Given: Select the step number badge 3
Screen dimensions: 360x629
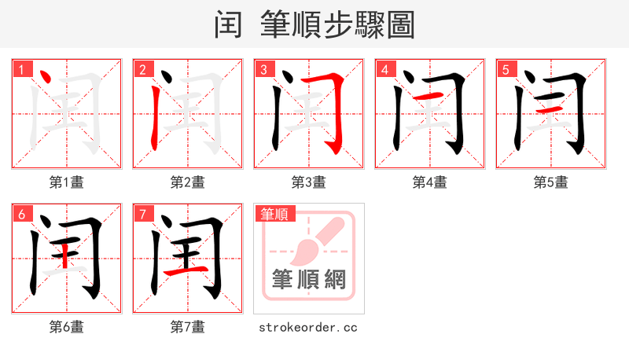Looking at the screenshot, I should click(265, 70).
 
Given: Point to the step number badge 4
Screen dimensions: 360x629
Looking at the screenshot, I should click(386, 70).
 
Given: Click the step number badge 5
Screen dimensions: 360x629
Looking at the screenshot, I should click(507, 70).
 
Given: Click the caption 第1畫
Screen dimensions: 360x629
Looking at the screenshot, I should click(67, 182).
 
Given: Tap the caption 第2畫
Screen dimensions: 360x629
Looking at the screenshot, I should click(188, 182).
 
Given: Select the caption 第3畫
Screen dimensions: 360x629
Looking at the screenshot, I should click(309, 182).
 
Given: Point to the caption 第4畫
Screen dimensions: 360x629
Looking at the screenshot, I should click(430, 182).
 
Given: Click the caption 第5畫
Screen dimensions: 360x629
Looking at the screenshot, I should click(551, 182).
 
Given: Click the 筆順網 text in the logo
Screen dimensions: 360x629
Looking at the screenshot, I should click(309, 279).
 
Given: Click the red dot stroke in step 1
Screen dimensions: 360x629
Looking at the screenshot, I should click(45, 78).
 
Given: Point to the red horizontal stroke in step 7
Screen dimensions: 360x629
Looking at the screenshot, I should click(192, 270).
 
